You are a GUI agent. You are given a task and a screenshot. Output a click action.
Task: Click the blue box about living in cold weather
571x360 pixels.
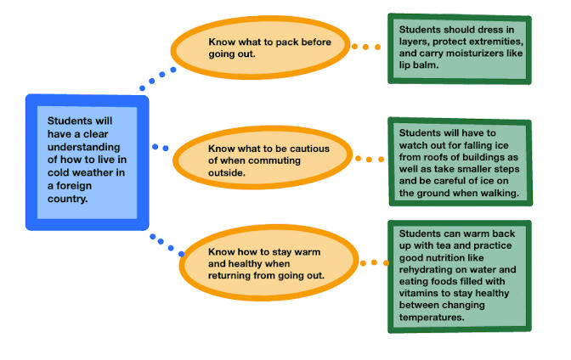tap(87, 161)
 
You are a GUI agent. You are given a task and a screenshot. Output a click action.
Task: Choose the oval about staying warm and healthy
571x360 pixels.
tap(263, 264)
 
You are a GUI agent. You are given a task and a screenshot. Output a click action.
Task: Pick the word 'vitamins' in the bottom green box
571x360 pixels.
tap(420, 293)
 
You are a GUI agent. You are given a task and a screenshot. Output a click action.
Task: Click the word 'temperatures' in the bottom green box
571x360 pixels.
tap(430, 317)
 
